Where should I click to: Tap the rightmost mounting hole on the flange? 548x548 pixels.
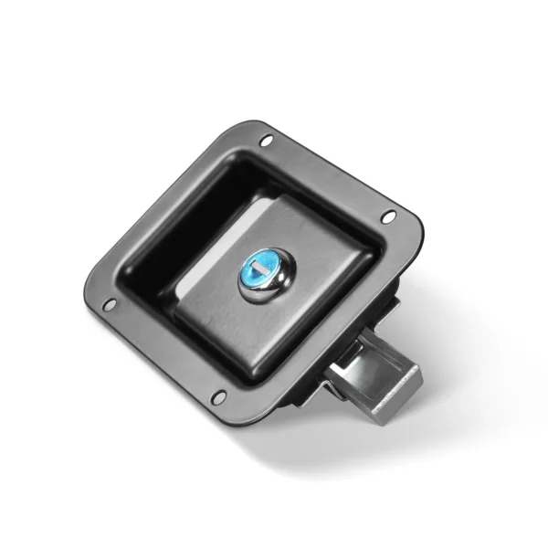(389, 216)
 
